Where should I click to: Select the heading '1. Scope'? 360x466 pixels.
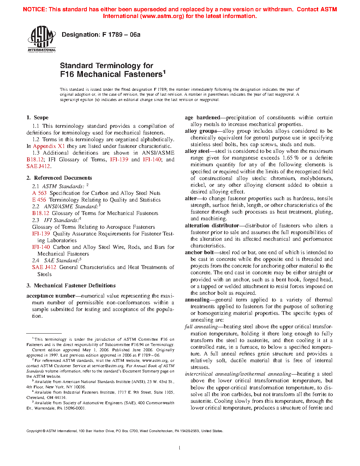point(37,118)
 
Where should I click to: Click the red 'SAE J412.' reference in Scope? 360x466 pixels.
point(39,166)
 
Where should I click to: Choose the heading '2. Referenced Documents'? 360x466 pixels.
point(59,178)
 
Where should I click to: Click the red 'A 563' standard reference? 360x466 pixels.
point(39,193)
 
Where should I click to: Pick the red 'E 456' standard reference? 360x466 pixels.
point(39,200)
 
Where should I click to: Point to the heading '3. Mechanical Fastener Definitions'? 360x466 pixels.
point(71,286)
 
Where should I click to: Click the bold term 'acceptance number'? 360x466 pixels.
point(50,296)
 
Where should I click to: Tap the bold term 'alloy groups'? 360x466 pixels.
point(200,131)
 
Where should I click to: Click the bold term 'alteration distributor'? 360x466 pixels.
point(212,226)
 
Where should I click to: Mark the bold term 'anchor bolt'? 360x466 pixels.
point(199,252)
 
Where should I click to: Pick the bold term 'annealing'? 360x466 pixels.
point(197,300)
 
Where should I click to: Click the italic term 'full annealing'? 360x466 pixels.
point(201,327)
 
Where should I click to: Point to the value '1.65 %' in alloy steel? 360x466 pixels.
point(291,158)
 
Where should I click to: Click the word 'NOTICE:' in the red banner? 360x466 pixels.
point(35,10)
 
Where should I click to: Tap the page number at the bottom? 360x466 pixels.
point(180,448)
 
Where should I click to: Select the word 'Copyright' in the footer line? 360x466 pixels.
point(34,431)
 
